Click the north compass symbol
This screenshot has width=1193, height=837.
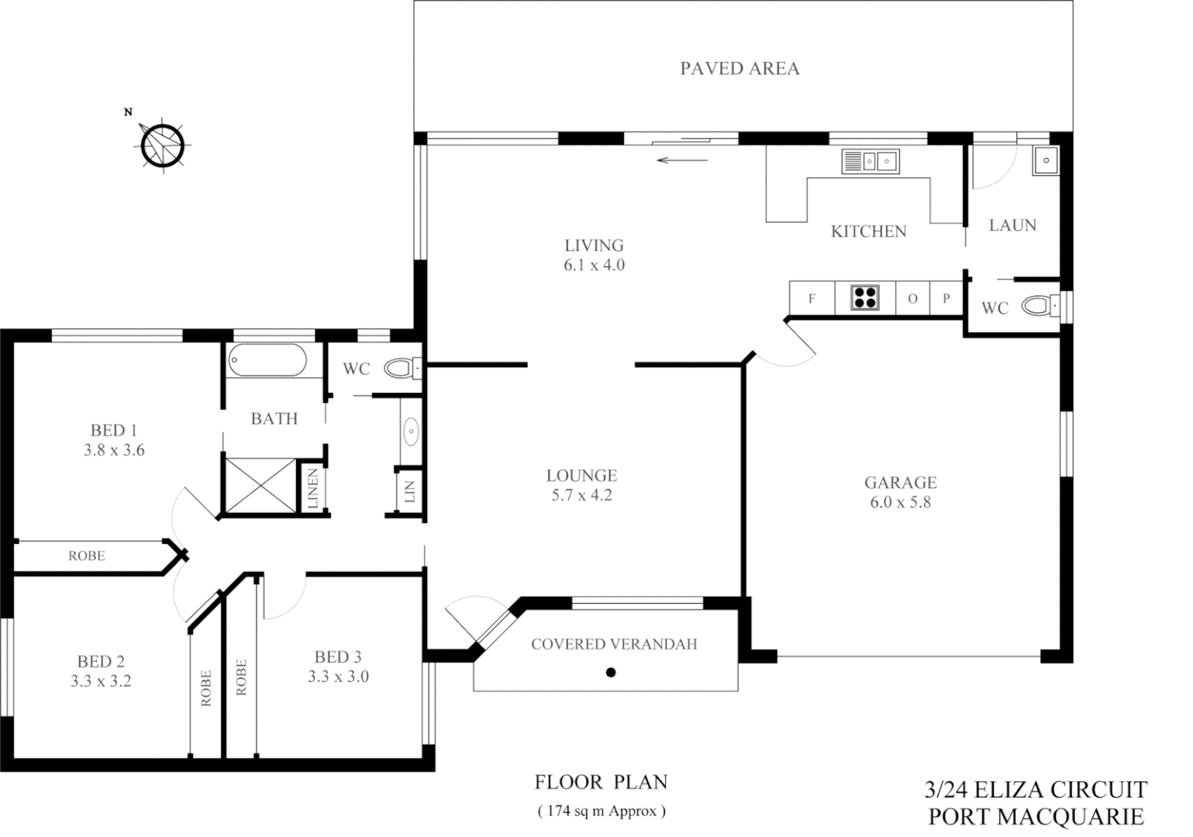coord(163,144)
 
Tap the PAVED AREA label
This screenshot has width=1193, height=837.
coord(740,68)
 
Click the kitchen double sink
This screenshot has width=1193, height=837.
coord(870,161)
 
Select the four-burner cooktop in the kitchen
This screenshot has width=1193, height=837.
coord(865,298)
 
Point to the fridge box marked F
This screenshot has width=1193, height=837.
coord(812,298)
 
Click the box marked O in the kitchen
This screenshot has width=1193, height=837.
coord(912,298)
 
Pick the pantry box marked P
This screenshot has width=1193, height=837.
coord(946,298)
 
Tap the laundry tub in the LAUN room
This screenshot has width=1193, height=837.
coord(1045,161)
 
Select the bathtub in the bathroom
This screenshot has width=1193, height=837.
coord(267,361)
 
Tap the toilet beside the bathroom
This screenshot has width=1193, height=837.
coord(402,367)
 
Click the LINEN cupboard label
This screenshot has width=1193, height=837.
coord(313,488)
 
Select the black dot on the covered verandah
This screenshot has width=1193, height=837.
coord(611,672)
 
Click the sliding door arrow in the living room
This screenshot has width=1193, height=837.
coord(682,160)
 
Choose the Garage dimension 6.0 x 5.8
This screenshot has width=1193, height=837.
coord(900,502)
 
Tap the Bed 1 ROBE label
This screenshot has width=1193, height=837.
coord(87,556)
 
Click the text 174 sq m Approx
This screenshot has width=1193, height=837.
coord(602,811)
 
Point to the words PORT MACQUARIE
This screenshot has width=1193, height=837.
coord(1036,816)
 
